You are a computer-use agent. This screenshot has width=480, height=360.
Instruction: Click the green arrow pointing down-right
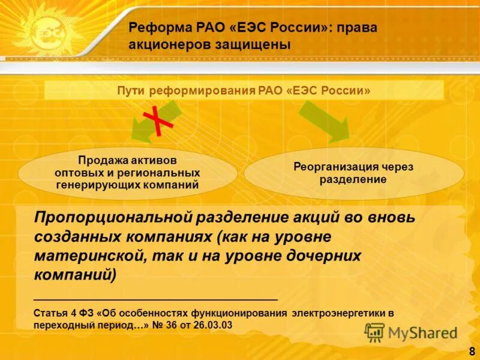(324, 121)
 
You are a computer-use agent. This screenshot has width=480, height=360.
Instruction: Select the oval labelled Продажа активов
(127, 173)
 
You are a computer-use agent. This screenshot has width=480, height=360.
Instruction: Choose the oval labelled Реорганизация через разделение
(353, 173)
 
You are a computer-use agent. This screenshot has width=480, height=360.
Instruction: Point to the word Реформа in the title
(155, 28)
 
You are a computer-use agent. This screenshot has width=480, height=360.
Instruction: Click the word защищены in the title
(254, 45)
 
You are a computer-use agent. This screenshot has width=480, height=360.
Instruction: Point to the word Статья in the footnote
(49, 313)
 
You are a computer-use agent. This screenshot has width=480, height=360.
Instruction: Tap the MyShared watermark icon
(374, 332)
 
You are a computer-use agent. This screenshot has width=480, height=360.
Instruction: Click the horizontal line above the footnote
(156, 299)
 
